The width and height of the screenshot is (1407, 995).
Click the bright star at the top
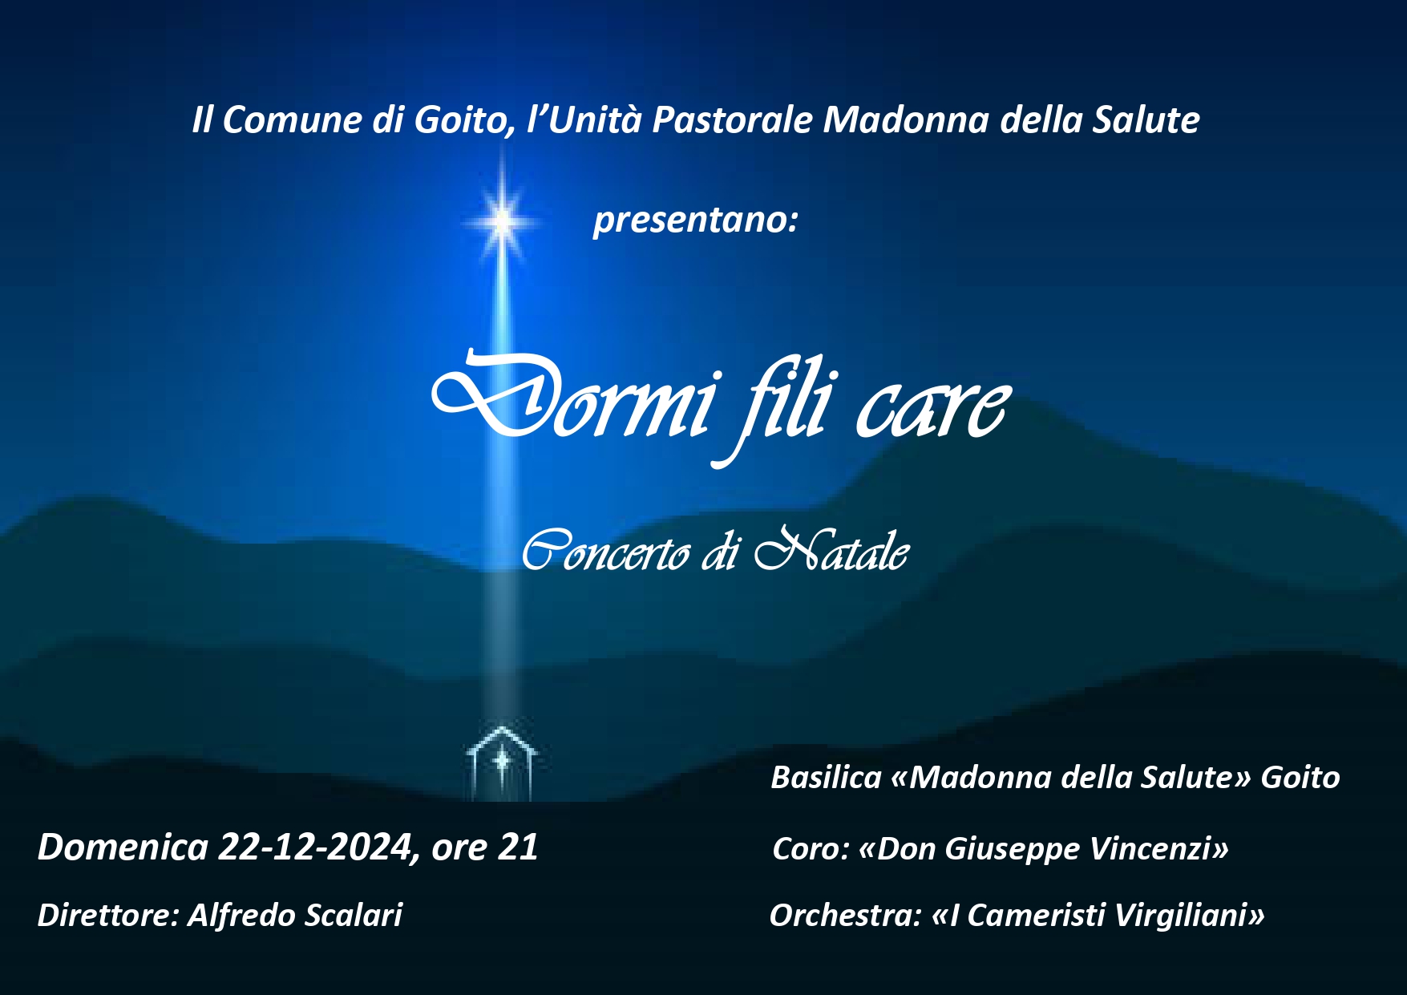[503, 220]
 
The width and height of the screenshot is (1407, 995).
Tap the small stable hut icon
[502, 762]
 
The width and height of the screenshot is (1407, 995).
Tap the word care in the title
[930, 408]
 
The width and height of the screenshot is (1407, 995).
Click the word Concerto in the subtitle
[606, 552]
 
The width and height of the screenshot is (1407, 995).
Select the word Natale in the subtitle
[831, 550]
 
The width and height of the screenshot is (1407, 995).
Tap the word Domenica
[123, 847]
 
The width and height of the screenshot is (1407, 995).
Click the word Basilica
[826, 778]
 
